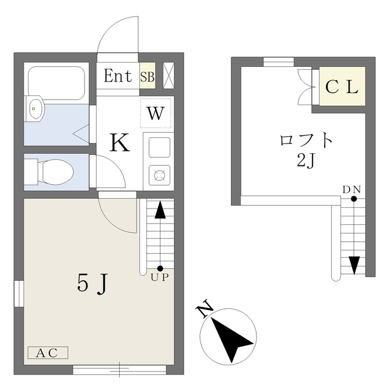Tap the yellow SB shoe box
coord(147,77)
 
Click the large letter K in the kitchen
coord(119,143)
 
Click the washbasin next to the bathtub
coord(36,109)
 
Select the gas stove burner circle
coord(159,176)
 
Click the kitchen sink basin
coord(159,148)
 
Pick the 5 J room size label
coord(92,283)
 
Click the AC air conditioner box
coord(47,353)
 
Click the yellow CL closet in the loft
coord(341,87)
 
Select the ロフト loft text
coord(306,140)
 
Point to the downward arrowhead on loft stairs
coord(354,266)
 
